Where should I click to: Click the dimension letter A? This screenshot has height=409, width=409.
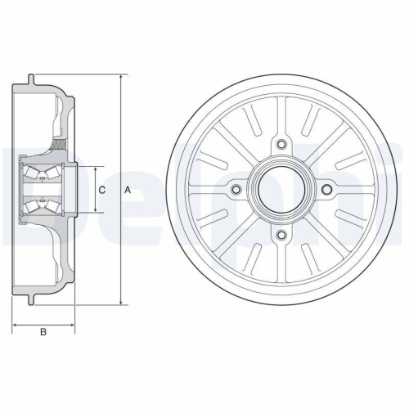[x=128, y=190]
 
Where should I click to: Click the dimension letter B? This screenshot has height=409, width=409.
[x=43, y=331]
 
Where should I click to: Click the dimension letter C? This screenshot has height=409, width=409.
[x=102, y=190]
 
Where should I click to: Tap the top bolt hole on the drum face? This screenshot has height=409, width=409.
[x=282, y=146]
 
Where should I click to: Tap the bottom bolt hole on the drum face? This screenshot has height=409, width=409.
[x=282, y=235]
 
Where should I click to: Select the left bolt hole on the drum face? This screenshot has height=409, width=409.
[x=237, y=191]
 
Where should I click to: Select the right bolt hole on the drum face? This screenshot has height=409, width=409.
[x=327, y=191]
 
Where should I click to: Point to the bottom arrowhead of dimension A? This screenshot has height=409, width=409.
[x=121, y=303]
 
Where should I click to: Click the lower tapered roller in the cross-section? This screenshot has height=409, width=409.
[x=38, y=207]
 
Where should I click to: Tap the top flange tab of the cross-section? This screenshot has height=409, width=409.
[x=30, y=79]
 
